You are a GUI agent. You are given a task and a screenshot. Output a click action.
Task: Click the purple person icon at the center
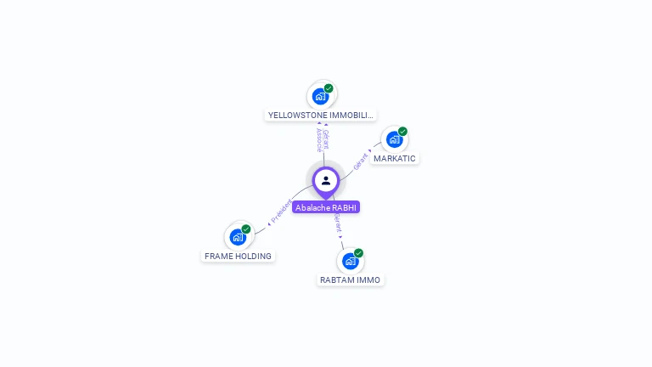pyautogui.click(x=326, y=180)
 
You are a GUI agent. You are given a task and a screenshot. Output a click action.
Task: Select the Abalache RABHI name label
pyautogui.click(x=326, y=207)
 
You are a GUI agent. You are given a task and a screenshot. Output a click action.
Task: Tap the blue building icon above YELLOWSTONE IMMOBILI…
pyautogui.click(x=320, y=95)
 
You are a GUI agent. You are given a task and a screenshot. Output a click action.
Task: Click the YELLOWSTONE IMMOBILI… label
pyautogui.click(x=320, y=115)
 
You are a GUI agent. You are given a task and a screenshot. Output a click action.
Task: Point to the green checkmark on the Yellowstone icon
pyautogui.click(x=329, y=88)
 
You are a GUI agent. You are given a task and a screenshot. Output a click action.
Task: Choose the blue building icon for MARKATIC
pyautogui.click(x=394, y=138)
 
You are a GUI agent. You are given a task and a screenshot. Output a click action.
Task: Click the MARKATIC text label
pyautogui.click(x=395, y=159)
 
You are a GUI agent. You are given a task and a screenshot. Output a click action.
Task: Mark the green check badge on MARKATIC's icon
pyautogui.click(x=402, y=132)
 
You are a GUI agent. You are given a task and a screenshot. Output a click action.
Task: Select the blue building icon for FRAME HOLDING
pyautogui.click(x=238, y=236)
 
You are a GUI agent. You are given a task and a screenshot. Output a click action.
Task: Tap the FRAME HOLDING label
pyautogui.click(x=238, y=256)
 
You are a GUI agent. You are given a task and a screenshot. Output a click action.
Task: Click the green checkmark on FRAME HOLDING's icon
pyautogui.click(x=246, y=229)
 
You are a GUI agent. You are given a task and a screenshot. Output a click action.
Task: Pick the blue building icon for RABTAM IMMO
pyautogui.click(x=350, y=260)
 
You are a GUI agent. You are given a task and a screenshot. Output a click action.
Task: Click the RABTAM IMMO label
pyautogui.click(x=351, y=279)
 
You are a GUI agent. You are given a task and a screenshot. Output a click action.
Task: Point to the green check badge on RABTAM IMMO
pyautogui.click(x=358, y=253)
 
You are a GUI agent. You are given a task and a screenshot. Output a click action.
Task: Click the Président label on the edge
pyautogui.click(x=280, y=211)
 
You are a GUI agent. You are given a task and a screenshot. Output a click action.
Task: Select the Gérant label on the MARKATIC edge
pyautogui.click(x=362, y=161)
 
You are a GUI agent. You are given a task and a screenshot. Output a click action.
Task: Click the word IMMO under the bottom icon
pyautogui.click(x=369, y=279)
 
